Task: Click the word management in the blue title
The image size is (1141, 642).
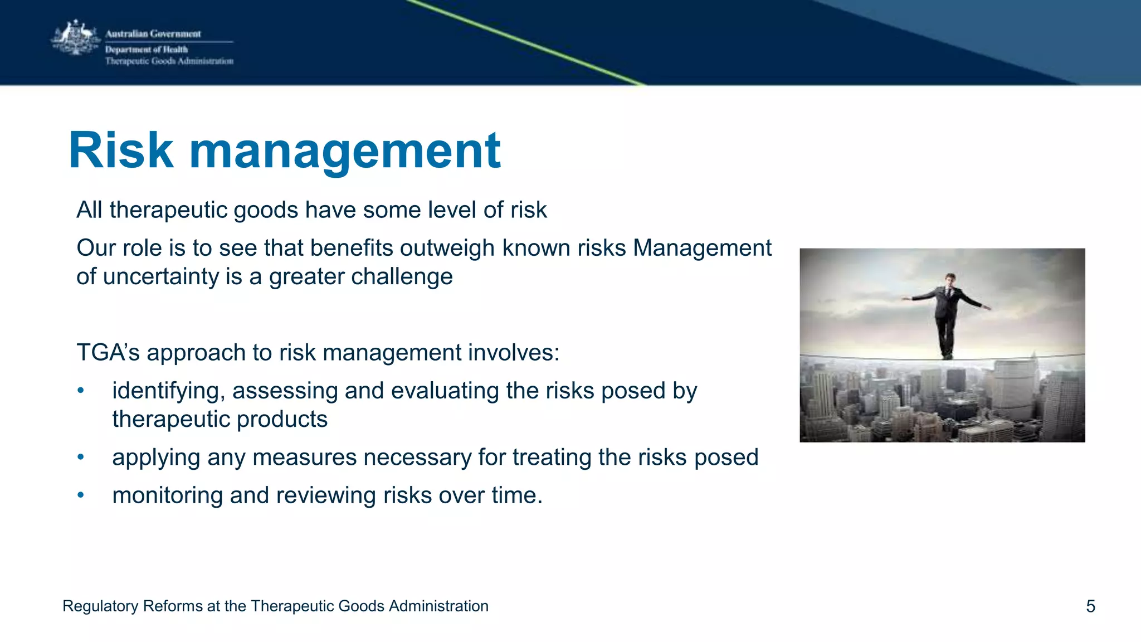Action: (x=345, y=152)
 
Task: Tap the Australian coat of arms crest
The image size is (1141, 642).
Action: (x=75, y=38)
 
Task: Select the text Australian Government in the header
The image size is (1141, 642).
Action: (x=153, y=34)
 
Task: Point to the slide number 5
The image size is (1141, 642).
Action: (x=1090, y=606)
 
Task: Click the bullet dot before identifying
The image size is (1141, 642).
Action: (x=81, y=391)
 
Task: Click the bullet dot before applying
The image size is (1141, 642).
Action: (x=81, y=457)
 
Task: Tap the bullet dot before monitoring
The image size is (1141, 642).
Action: (x=81, y=495)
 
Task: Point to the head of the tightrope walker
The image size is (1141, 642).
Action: (x=950, y=279)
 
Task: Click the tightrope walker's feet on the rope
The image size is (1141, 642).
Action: (x=947, y=355)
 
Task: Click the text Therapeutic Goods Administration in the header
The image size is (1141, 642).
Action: (x=169, y=61)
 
